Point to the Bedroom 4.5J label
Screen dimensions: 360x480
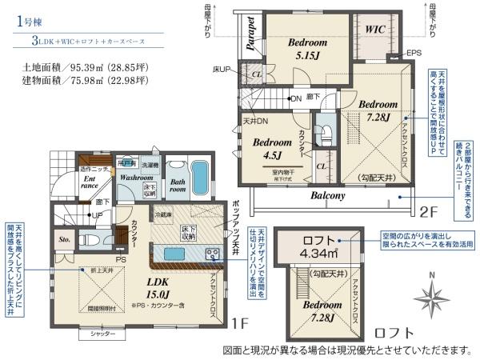click(x=270, y=150)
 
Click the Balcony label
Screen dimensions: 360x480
click(x=328, y=195)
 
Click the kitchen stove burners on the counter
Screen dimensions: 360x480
click(x=213, y=254)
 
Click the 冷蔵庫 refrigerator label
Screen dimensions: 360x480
click(x=164, y=215)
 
